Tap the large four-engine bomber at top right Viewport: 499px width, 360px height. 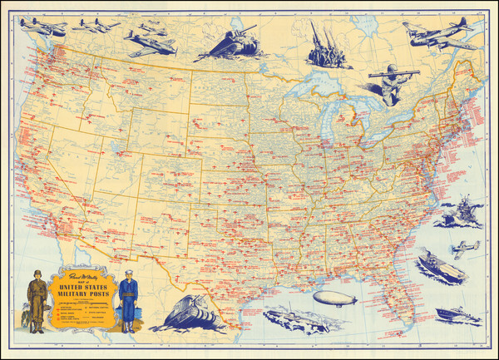[x=437, y=35]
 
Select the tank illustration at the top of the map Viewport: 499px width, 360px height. [x=228, y=43]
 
